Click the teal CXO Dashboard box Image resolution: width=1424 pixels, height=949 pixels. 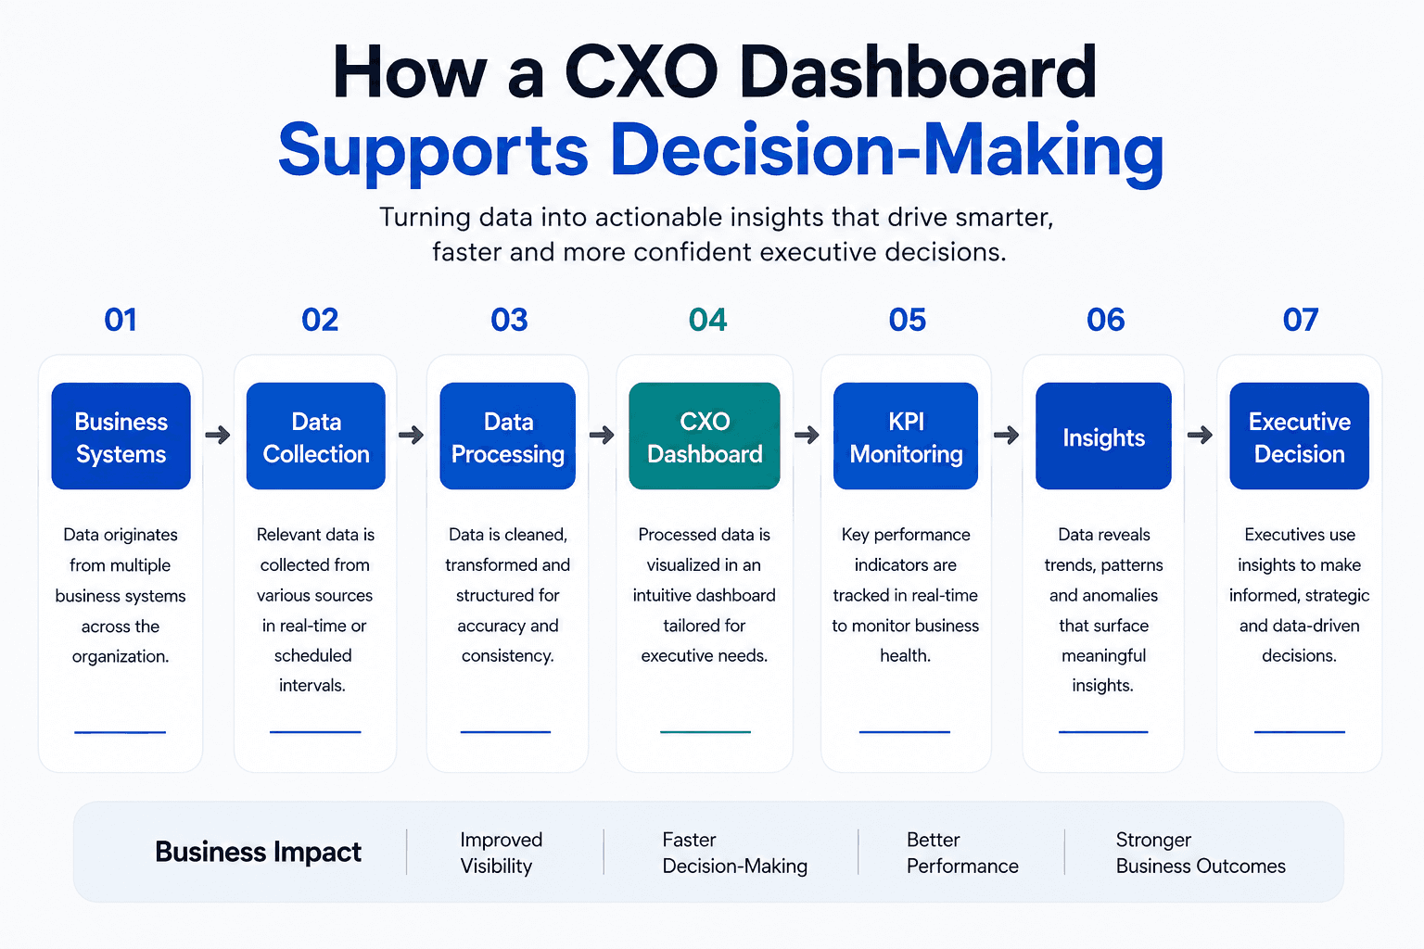click(x=705, y=437)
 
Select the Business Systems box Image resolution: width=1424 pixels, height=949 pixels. click(x=121, y=437)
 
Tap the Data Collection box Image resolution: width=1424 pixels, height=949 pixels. click(x=316, y=437)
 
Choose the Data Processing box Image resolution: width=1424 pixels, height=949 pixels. click(x=508, y=437)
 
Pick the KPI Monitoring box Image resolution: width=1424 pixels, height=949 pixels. click(x=906, y=437)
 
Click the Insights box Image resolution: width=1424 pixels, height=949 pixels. click(x=1103, y=437)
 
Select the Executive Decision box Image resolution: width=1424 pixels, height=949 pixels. click(x=1300, y=437)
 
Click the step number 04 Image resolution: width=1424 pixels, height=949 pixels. click(x=707, y=320)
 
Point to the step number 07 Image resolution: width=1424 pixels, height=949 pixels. click(x=1301, y=320)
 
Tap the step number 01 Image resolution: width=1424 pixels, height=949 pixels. click(x=121, y=320)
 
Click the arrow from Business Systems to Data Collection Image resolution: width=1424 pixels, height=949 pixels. click(x=218, y=436)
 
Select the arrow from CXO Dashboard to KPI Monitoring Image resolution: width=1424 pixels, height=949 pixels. click(x=807, y=436)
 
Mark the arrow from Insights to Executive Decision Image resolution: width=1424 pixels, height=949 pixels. click(x=1201, y=436)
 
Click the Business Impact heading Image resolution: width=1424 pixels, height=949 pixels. click(x=258, y=853)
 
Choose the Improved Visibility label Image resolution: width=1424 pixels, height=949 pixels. click(x=501, y=853)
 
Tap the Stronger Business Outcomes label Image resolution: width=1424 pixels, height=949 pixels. click(x=1201, y=853)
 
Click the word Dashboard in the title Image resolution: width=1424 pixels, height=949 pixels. click(x=917, y=72)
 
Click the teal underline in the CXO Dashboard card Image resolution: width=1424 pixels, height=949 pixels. click(x=705, y=732)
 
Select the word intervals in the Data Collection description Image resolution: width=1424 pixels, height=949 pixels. click(x=312, y=686)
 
